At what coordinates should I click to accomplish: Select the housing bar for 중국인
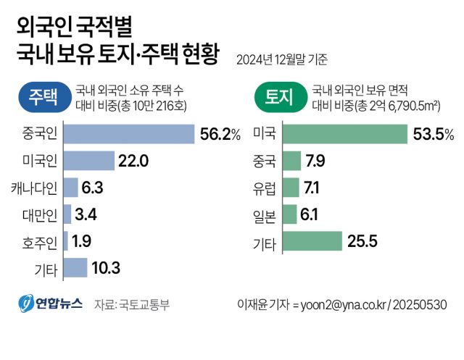[x=129, y=135]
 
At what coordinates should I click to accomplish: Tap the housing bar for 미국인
[x=89, y=161]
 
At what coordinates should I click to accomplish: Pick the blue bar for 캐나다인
[x=70, y=188]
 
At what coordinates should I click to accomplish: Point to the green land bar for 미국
[x=344, y=135]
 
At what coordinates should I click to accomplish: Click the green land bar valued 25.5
[x=311, y=241]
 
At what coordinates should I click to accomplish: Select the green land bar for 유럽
[x=290, y=188]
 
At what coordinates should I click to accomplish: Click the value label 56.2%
[x=220, y=135]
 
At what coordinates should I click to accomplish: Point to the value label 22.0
[x=133, y=161]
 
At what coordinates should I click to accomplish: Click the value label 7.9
[x=315, y=161]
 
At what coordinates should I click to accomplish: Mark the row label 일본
[x=264, y=214]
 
